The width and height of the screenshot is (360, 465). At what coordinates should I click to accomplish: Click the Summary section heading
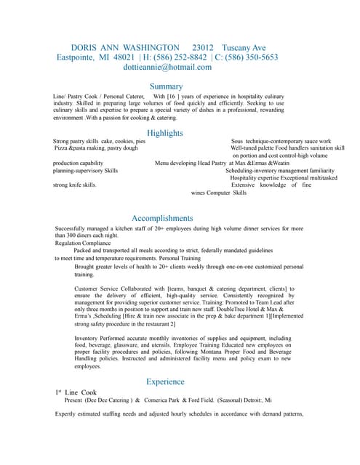(165, 86)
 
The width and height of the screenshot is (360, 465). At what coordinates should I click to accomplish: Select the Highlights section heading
(165, 133)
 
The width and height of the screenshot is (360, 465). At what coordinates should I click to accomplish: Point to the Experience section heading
(165, 381)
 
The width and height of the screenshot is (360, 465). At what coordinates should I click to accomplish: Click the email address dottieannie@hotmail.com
(167, 67)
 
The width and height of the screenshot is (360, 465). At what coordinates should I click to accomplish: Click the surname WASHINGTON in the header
(145, 46)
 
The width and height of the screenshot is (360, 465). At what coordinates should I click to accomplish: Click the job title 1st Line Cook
(81, 392)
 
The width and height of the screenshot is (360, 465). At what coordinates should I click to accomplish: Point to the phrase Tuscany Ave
(255, 46)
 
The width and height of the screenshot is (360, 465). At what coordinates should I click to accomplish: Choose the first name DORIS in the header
(84, 46)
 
